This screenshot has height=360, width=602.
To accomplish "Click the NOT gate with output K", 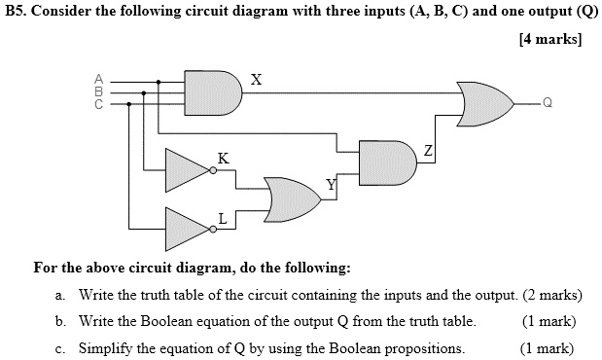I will click(187, 169).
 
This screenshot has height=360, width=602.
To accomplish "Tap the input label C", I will click(97, 103).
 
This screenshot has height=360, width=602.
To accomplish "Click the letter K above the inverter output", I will click(224, 157).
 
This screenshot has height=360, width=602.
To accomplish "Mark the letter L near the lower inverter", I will click(223, 218).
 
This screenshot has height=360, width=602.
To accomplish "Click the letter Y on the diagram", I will click(331, 184).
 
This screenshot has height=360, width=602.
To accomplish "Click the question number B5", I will click(16, 14).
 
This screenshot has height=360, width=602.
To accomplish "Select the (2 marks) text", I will click(548, 295).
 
